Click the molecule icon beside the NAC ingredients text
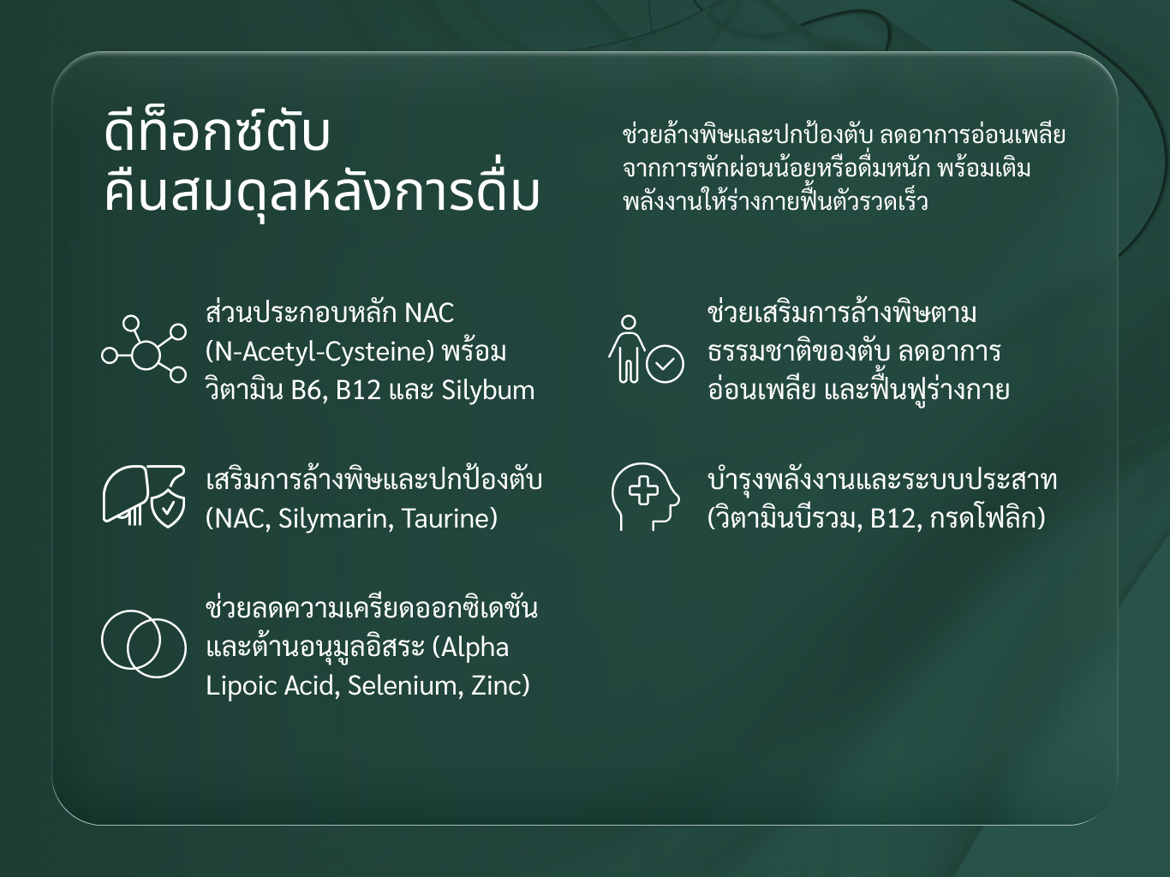(x=144, y=349)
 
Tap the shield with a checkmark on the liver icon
(x=168, y=507)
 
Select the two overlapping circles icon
(x=144, y=644)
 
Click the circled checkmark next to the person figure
(x=665, y=364)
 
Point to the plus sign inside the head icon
(x=643, y=490)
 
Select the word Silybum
(x=487, y=391)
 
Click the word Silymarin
(x=336, y=519)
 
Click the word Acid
(x=311, y=686)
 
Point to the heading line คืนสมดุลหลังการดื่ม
(x=322, y=192)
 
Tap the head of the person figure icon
(x=629, y=323)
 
